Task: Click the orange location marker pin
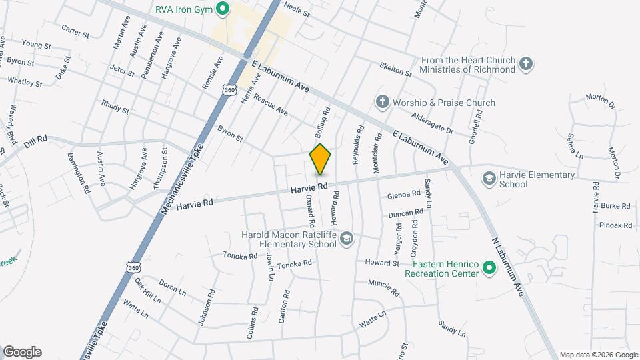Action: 321,159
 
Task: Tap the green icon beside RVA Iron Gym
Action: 224,9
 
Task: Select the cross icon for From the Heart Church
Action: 526,64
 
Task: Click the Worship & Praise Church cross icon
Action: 382,103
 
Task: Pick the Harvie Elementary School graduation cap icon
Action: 489,179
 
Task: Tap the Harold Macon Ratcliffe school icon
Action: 346,239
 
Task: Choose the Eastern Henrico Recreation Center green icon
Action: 489,268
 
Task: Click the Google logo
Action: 22,352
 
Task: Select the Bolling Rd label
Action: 323,119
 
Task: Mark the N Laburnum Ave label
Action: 509,266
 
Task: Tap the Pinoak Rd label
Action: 615,225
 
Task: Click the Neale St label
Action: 297,12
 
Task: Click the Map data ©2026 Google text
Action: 598,355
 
